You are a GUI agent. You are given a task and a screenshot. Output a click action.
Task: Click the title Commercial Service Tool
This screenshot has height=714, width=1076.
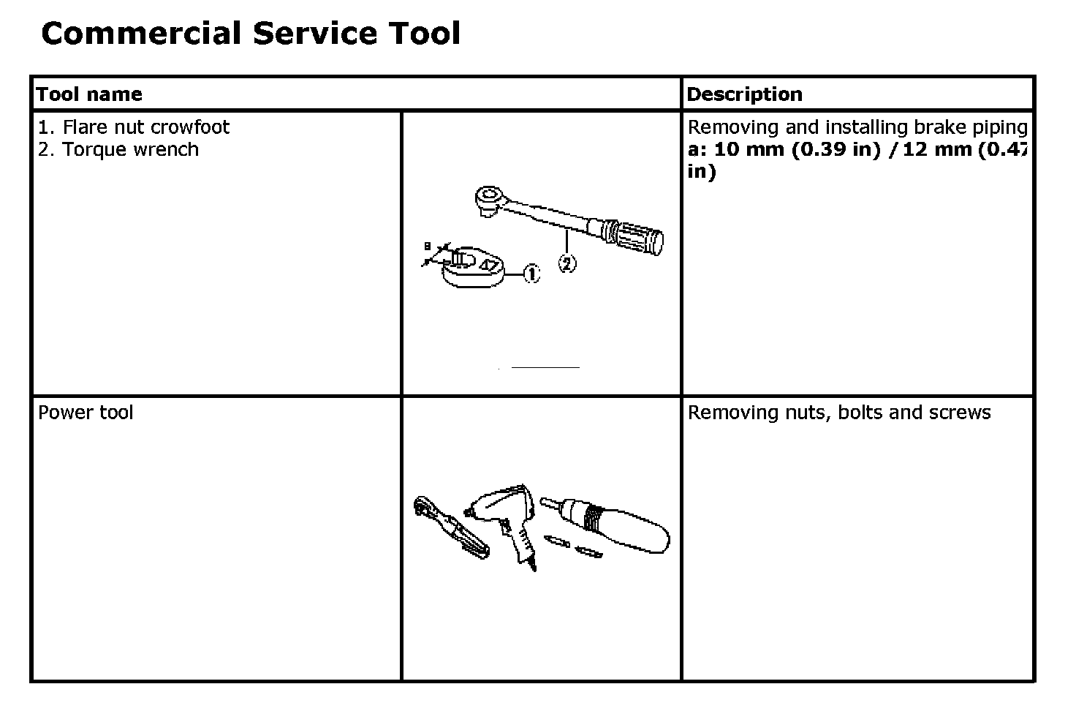pos(251,34)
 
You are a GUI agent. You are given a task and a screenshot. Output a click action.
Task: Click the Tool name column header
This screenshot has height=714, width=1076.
pos(89,94)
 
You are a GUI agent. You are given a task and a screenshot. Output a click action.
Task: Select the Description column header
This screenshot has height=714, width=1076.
pos(744,94)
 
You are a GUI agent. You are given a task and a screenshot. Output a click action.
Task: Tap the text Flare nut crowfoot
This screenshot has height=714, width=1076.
pos(145,127)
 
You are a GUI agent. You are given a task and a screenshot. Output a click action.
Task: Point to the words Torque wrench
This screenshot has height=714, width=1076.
pos(130,150)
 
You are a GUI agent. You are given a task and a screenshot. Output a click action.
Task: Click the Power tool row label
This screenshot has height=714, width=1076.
pos(86,413)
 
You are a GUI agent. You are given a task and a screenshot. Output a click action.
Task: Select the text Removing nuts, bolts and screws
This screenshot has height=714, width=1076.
pos(838,413)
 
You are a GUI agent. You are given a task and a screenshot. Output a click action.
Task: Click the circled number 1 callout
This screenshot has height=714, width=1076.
pos(531,274)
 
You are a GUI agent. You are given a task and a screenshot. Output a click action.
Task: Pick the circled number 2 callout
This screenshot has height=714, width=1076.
pos(567,263)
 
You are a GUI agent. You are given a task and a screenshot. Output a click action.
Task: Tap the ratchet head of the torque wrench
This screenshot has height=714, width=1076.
pos(489,198)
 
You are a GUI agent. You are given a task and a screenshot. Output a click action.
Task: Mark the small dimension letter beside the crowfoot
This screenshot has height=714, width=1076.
pos(428,247)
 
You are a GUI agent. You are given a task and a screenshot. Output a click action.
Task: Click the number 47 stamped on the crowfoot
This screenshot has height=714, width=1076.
pos(490,263)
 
